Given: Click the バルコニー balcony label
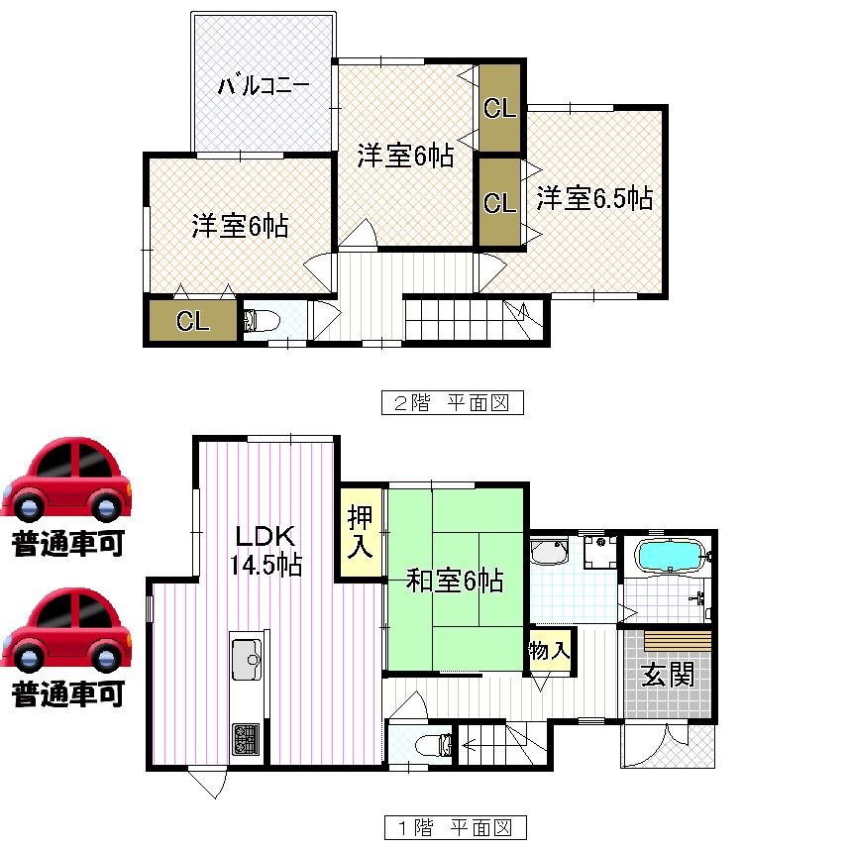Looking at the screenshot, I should pyautogui.click(x=264, y=86).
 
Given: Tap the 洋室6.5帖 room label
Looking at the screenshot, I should pyautogui.click(x=594, y=198).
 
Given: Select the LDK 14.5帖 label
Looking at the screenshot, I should pyautogui.click(x=266, y=551).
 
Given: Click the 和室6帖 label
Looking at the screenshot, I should pyautogui.click(x=455, y=580).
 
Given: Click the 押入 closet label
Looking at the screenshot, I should pyautogui.click(x=360, y=531).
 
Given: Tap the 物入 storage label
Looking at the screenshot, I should pyautogui.click(x=550, y=651).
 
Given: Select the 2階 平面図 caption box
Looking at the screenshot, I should pyautogui.click(x=452, y=403).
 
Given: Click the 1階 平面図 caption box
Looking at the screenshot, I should pyautogui.click(x=454, y=826).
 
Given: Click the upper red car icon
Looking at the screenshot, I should pyautogui.click(x=66, y=480).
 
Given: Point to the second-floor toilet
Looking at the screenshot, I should pyautogui.click(x=261, y=320).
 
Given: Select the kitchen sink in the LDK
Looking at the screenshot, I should pyautogui.click(x=245, y=656).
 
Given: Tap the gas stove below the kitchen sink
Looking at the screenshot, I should pyautogui.click(x=245, y=738).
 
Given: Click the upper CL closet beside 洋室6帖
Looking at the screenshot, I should pyautogui.click(x=499, y=108).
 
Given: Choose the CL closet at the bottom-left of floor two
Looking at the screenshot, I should pyautogui.click(x=192, y=322).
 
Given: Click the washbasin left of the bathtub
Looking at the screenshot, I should pyautogui.click(x=547, y=550).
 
